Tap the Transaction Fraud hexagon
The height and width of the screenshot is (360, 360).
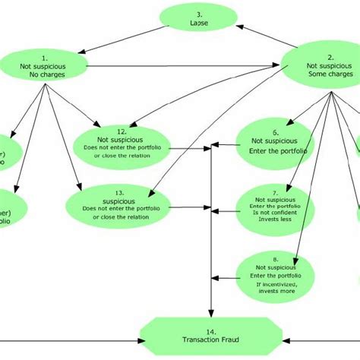tap(212, 335)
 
